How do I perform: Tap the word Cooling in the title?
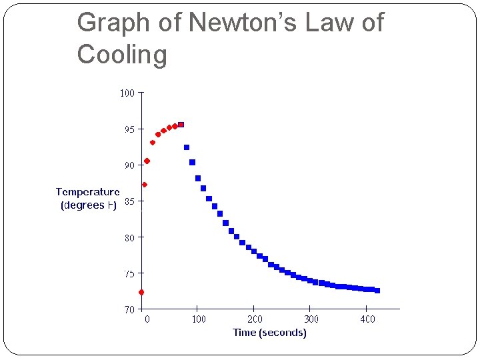pos(122,54)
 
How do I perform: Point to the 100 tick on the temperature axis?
pos(127,93)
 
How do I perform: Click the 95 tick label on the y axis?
pos(129,129)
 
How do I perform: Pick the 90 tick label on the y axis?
pos(129,165)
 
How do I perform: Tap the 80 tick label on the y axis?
pos(129,237)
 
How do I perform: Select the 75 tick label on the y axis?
pos(129,273)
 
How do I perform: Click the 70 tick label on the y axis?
pos(129,309)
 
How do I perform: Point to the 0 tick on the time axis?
pos(147,319)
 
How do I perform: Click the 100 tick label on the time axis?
pos(199,319)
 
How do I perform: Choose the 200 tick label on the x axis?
pos(255,319)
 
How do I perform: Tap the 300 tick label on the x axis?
pos(311,319)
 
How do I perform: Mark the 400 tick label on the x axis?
pos(367,319)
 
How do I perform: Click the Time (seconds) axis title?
pos(269,333)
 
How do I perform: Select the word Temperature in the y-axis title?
pos(87,192)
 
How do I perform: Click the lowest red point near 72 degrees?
pos(141,292)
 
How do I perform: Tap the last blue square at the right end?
pos(377,291)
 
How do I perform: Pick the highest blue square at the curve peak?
pos(181,125)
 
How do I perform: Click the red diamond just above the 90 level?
pos(147,161)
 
